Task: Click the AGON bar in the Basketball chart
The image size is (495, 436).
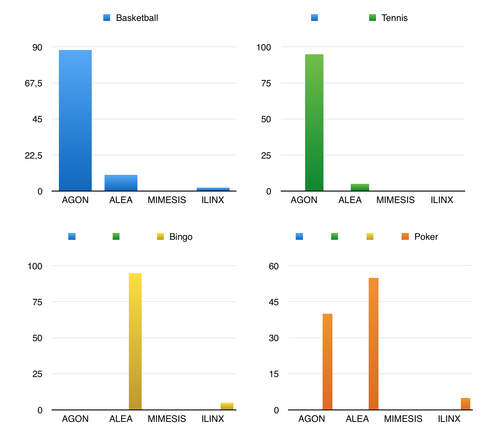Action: [75, 121]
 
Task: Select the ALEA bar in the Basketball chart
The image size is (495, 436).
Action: [121, 183]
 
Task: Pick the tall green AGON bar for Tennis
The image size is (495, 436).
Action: [314, 122]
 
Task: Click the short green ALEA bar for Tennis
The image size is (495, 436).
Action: [360, 187]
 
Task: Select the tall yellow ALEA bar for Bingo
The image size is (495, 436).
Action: [135, 341]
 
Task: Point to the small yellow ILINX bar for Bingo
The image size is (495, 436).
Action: [227, 406]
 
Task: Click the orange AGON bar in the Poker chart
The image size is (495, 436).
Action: [327, 362]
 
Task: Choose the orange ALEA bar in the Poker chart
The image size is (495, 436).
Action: [373, 344]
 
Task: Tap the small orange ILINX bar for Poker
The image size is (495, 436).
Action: [465, 404]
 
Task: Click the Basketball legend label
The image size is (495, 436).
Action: [137, 18]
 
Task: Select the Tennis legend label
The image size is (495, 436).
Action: [394, 18]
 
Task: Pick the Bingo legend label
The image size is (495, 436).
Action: [181, 237]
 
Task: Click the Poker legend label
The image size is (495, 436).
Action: [426, 237]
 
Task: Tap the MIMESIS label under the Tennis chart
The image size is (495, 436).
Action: [395, 200]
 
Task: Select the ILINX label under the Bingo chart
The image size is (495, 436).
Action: [213, 419]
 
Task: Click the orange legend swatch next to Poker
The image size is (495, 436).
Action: [406, 236]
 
